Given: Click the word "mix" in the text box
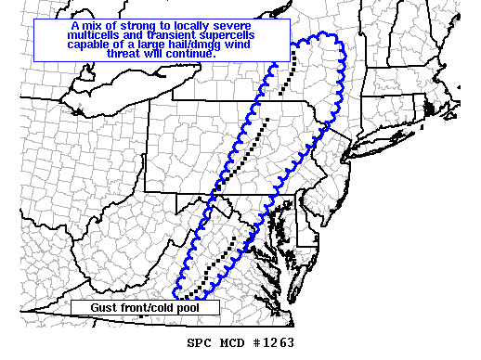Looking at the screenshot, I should pos(88,27).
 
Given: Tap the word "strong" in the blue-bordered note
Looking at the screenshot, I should pos(126,27).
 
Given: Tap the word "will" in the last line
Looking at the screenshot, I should pos(157,55).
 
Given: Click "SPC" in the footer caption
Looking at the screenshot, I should pos(200,341).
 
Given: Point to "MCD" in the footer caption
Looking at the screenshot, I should pos(236,341).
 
